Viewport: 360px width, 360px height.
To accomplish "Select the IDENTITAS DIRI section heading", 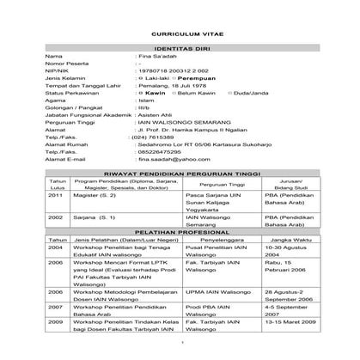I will (180, 48).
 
